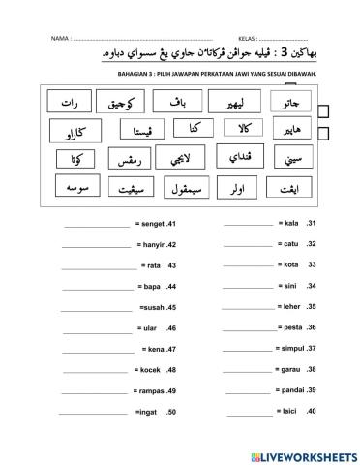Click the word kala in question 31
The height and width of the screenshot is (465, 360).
pyautogui.click(x=290, y=223)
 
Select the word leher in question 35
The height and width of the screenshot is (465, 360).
pyautogui.click(x=290, y=307)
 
